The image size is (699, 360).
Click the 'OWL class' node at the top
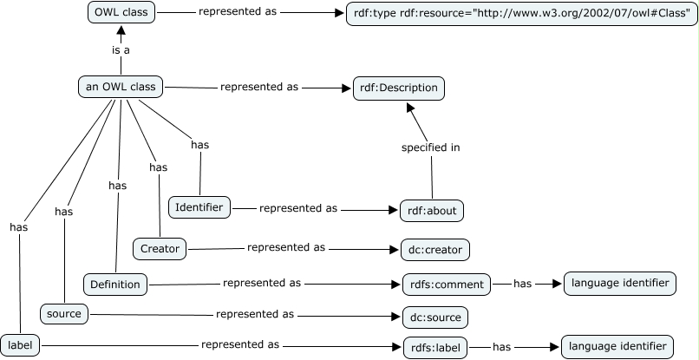(x=121, y=13)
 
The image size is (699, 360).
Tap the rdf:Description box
(x=398, y=88)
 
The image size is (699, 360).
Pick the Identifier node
(x=200, y=206)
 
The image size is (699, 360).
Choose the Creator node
(x=160, y=249)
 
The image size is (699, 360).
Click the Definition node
(x=115, y=283)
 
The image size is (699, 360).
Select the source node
(x=63, y=314)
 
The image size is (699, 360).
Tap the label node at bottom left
(x=19, y=346)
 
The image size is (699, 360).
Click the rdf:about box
(x=432, y=210)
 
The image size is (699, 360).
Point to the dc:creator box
(x=434, y=250)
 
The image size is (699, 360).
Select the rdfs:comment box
(x=446, y=284)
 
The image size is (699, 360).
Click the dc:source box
(x=434, y=316)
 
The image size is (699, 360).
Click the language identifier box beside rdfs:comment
(x=618, y=283)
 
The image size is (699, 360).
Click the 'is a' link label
(x=121, y=50)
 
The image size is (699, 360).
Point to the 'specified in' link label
(x=430, y=147)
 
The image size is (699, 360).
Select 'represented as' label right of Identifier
(x=297, y=208)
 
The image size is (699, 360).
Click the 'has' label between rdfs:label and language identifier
(x=501, y=347)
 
